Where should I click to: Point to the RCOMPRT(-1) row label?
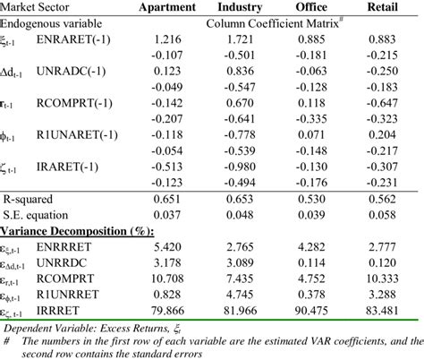[x=72, y=101]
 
